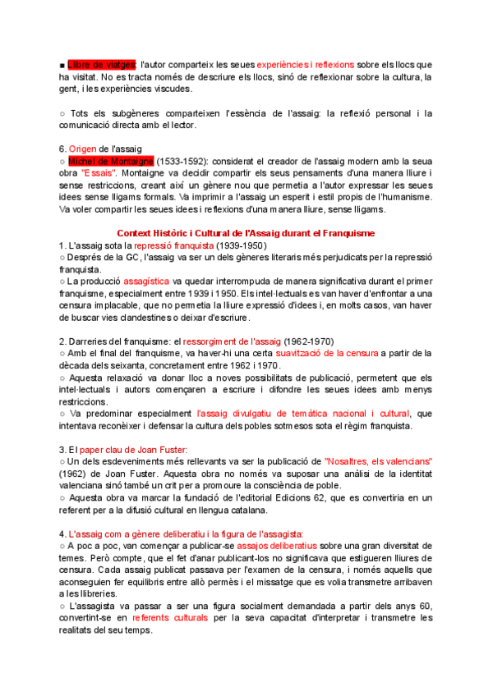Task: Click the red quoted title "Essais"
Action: click(x=99, y=174)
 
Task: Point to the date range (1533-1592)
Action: click(x=180, y=161)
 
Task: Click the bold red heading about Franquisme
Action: click(x=246, y=233)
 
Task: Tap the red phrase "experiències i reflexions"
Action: click(x=305, y=64)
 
